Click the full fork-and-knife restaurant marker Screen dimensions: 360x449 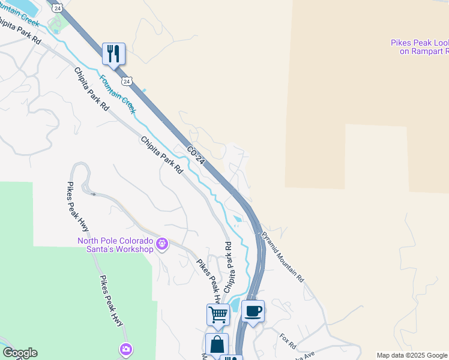[x=113, y=54]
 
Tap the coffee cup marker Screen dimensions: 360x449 [x=253, y=311]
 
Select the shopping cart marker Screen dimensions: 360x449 [x=218, y=314]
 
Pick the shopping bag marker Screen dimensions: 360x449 [x=217, y=344]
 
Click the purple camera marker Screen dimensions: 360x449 [x=126, y=349]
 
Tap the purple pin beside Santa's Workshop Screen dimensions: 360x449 [x=161, y=244]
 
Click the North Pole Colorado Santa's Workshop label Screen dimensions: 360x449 [x=115, y=245]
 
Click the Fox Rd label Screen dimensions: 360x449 [x=288, y=341]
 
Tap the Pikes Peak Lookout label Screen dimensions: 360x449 [x=420, y=47]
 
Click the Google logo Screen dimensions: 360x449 [x=20, y=353]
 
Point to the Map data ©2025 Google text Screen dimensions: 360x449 [x=412, y=355]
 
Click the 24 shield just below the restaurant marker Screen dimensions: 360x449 [x=125, y=80]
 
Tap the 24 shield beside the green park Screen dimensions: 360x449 [x=56, y=7]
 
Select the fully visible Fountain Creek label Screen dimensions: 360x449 [x=118, y=94]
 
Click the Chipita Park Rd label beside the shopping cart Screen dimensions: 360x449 [x=228, y=267]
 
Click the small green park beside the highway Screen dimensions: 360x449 [x=58, y=23]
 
